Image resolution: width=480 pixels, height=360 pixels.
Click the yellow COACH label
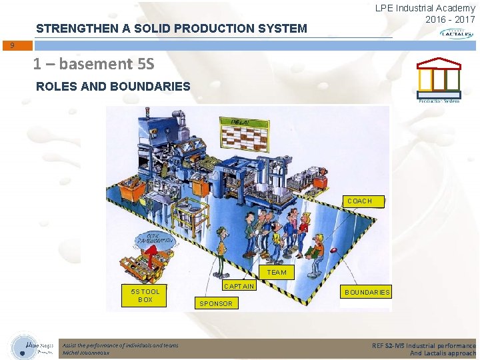[359, 201]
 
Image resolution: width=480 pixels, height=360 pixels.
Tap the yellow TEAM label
[277, 272]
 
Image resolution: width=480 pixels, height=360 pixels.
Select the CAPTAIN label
[239, 286]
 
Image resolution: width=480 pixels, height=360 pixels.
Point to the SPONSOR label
[217, 303]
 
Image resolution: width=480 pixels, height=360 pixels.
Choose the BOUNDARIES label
[367, 292]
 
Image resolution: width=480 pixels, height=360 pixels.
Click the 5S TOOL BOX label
[145, 295]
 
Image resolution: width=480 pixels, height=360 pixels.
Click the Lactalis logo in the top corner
[457, 33]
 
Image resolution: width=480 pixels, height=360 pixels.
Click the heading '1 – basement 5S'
[93, 64]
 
